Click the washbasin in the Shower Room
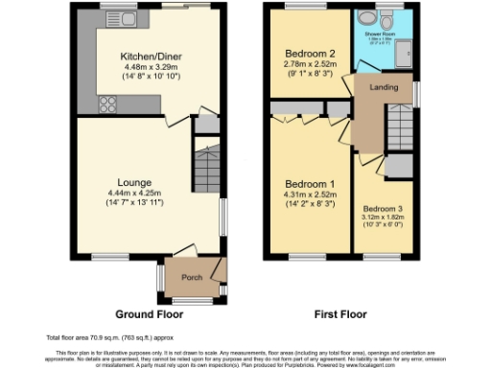tap(364, 20)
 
